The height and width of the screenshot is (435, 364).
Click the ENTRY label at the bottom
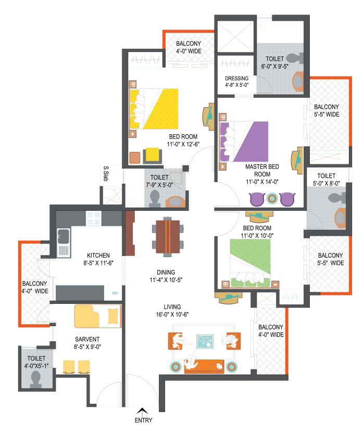(143, 420)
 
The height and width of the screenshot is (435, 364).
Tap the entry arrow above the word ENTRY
(142, 411)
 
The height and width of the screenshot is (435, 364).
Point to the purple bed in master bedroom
(244, 142)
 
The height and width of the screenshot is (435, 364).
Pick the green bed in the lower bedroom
(250, 263)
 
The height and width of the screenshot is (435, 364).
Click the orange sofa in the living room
(204, 366)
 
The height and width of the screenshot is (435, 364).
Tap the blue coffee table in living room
(205, 341)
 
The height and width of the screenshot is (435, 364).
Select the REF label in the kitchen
(115, 293)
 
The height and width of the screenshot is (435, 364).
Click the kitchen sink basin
(64, 236)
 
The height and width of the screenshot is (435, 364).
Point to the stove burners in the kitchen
(94, 218)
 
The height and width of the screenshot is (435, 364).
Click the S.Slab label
(106, 173)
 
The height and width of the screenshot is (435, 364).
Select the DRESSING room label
(236, 79)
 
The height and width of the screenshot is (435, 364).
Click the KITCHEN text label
(98, 255)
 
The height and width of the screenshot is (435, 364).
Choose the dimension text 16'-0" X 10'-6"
(172, 314)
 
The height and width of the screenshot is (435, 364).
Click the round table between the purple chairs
(272, 198)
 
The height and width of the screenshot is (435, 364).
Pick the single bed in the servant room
(98, 316)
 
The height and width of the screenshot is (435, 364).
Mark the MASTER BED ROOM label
(262, 170)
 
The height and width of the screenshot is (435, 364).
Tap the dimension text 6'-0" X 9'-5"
(274, 67)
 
